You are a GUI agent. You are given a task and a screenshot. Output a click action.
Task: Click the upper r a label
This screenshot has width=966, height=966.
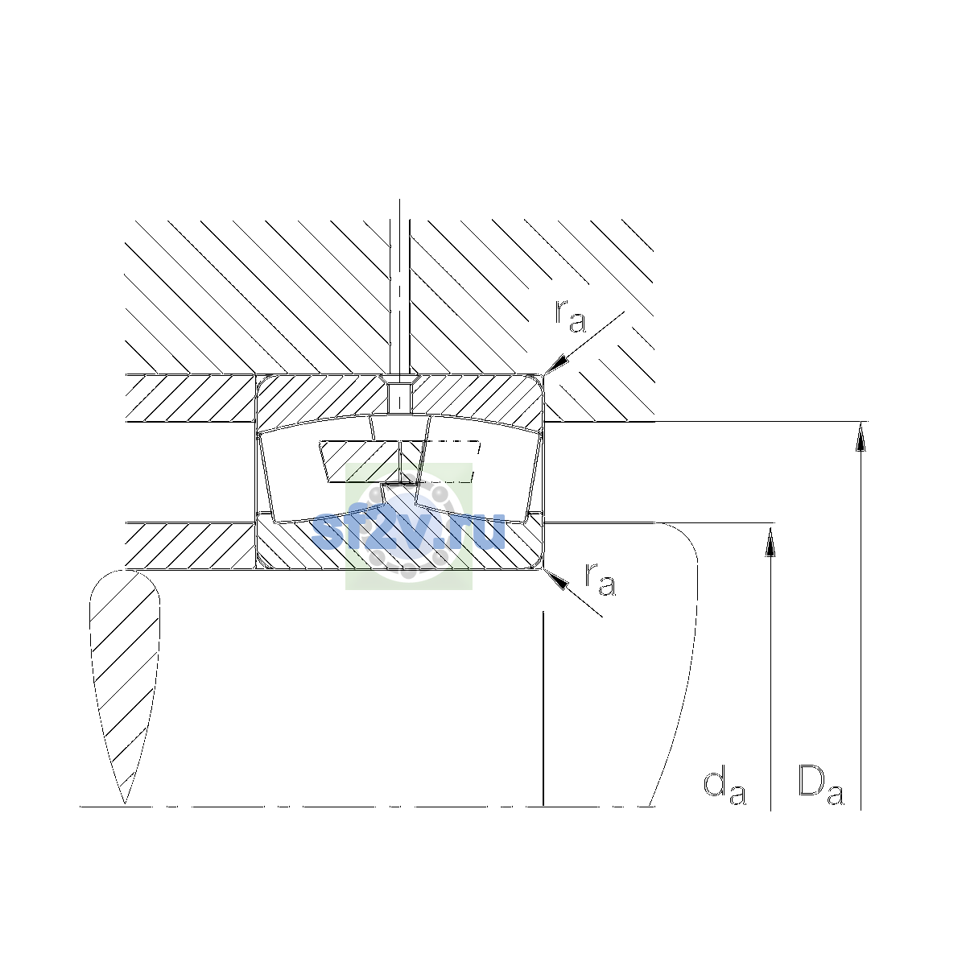570,316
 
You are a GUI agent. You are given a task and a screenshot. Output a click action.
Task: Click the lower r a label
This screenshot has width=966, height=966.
600,580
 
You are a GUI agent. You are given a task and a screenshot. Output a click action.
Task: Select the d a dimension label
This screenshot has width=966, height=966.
724,789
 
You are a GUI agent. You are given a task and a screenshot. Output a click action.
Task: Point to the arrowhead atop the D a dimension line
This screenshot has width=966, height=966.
861,436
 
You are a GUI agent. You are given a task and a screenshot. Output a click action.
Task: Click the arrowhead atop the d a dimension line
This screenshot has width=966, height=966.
770,539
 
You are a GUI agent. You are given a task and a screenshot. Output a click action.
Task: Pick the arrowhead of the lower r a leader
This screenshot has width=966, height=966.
556,580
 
